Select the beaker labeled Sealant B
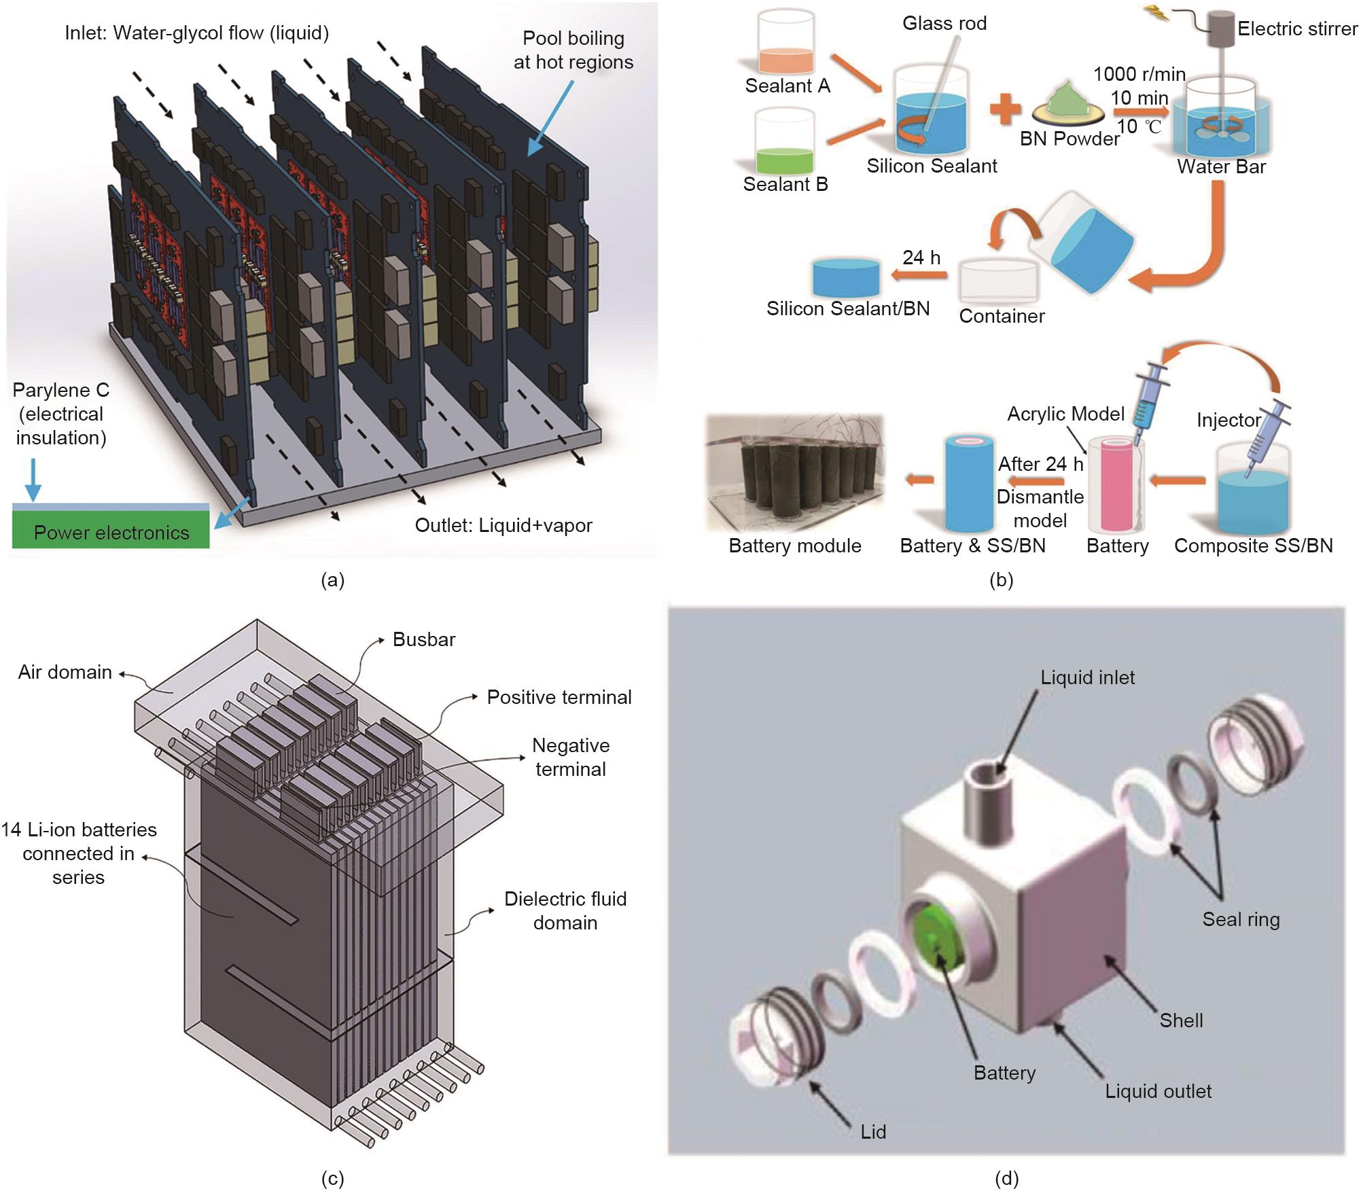[784, 143]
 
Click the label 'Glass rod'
[944, 24]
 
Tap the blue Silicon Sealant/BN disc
[846, 277]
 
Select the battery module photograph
[795, 472]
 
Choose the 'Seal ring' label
[1241, 919]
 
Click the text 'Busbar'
[424, 639]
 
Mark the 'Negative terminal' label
[571, 757]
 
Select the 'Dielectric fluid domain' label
[565, 910]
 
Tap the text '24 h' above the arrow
[921, 257]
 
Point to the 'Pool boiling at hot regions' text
[573, 50]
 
